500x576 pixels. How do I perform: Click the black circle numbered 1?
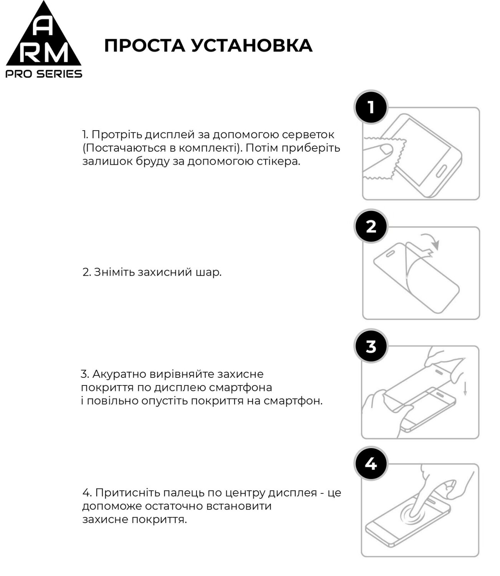click(371, 107)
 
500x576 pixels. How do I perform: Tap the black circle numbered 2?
click(371, 227)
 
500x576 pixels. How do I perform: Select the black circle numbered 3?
click(371, 346)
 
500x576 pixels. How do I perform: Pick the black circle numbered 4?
click(371, 464)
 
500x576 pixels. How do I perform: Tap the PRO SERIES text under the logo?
click(44, 74)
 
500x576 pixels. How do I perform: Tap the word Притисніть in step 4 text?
click(127, 493)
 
